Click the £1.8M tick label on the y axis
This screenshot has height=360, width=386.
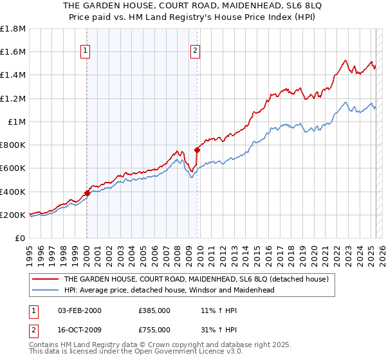(x=13, y=29)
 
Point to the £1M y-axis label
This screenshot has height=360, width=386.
(x=16, y=122)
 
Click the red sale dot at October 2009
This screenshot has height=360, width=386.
(x=197, y=150)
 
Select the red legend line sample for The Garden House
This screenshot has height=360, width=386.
(x=46, y=279)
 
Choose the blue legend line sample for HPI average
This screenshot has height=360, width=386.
(x=46, y=290)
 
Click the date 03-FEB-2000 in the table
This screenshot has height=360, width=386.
(x=79, y=310)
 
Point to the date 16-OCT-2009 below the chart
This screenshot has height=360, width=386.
(x=80, y=331)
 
